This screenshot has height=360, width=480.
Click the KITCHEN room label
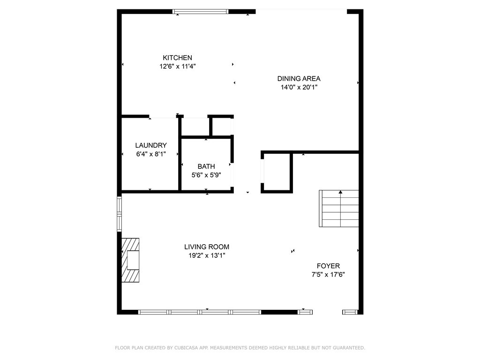pos(177,58)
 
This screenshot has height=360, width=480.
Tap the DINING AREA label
pos(299,79)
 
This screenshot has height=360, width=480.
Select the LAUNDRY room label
pos(151,145)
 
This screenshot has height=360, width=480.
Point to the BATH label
pos(206,166)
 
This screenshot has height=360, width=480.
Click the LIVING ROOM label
pos(206,247)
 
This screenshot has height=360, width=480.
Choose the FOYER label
pos(328,266)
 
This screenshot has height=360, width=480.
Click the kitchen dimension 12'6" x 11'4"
pos(177,67)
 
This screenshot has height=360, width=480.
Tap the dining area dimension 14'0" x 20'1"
pos(299,87)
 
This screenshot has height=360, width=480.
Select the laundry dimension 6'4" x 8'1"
pos(151,154)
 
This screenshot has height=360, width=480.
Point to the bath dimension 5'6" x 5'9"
pos(206,175)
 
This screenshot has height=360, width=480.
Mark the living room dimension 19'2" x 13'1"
pos(206,255)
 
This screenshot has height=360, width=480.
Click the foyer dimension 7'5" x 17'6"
pos(328,275)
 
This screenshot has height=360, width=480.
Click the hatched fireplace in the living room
pos(131,260)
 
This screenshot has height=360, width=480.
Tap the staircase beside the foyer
pos(339,209)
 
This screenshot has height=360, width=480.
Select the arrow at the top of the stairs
pos(340,192)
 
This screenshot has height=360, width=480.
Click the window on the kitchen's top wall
pos(201,12)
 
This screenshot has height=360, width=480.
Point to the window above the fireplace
pos(119,213)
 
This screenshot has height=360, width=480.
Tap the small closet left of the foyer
pos(277,172)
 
